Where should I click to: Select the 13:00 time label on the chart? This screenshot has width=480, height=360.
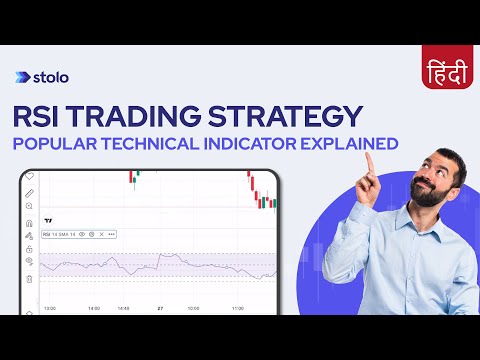[x=49, y=308]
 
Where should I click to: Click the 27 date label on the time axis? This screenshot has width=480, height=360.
[x=160, y=308]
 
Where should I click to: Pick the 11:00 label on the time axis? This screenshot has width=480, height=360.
[x=238, y=308]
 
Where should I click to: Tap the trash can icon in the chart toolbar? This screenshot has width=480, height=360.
[x=29, y=279]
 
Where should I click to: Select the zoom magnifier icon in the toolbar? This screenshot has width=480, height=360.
[x=29, y=206]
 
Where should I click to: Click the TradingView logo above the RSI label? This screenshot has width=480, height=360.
[x=48, y=219]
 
